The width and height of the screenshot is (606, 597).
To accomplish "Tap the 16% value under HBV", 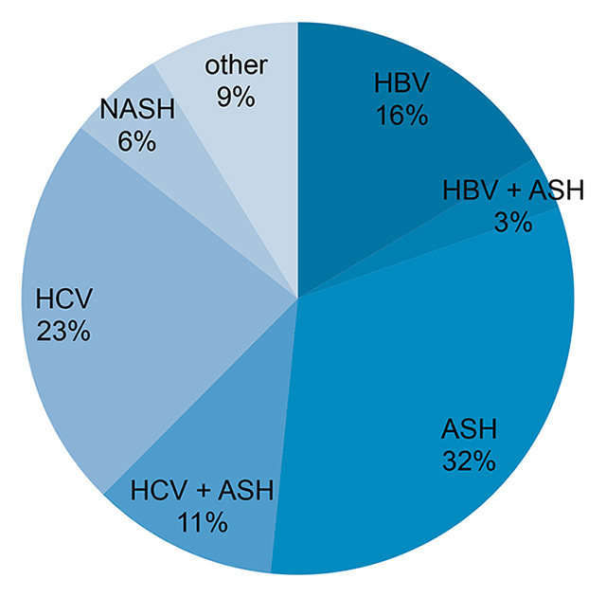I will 401,117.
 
